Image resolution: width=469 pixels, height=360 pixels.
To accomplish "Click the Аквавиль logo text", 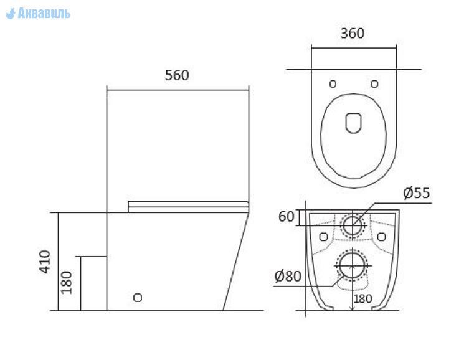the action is [44, 14].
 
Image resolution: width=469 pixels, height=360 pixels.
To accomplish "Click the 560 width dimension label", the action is [177, 75].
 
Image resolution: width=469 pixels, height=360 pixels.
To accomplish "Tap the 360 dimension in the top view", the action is [353, 33].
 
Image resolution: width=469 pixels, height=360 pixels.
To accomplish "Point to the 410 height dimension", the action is [45, 262].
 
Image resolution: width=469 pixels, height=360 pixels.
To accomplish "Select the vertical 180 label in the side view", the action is [67, 283].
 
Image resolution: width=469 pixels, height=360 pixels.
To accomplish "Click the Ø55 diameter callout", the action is [416, 193].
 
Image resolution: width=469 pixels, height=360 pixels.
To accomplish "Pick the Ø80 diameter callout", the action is [288, 276].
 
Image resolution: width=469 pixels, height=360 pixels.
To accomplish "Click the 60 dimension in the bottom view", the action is [287, 217].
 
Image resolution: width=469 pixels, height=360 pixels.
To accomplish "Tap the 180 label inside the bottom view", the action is [363, 298].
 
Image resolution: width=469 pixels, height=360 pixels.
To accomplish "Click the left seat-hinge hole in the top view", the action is [333, 84].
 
